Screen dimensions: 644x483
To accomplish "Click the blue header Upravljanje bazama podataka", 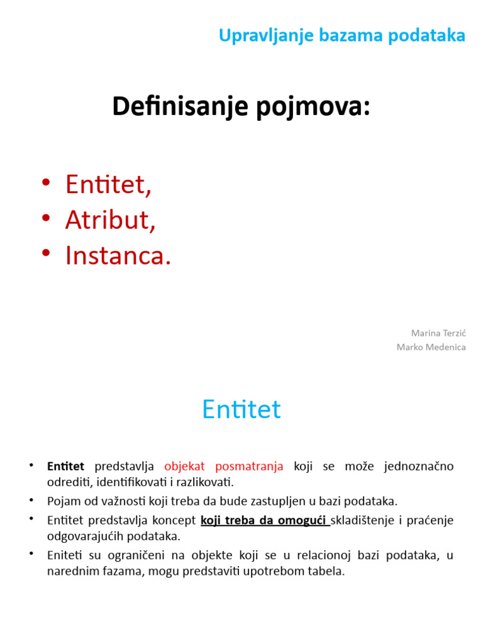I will point(341,36).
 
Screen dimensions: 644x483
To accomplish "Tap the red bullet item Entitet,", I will point(108,185).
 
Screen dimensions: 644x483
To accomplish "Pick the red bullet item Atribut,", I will point(110,220).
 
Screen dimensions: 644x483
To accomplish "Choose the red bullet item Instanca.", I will point(118,255).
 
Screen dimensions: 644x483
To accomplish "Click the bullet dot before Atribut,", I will point(45,218).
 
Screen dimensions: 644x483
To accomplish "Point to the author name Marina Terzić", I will point(438,333).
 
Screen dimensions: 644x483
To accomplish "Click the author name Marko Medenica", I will point(431,347).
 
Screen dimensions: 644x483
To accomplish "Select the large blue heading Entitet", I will point(241,410).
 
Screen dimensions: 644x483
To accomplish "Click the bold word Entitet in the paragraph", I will point(65,467).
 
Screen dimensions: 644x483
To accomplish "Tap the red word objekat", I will point(185,467).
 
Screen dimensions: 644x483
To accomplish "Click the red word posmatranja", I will point(249,467).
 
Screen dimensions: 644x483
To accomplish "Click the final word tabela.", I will point(329,572).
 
